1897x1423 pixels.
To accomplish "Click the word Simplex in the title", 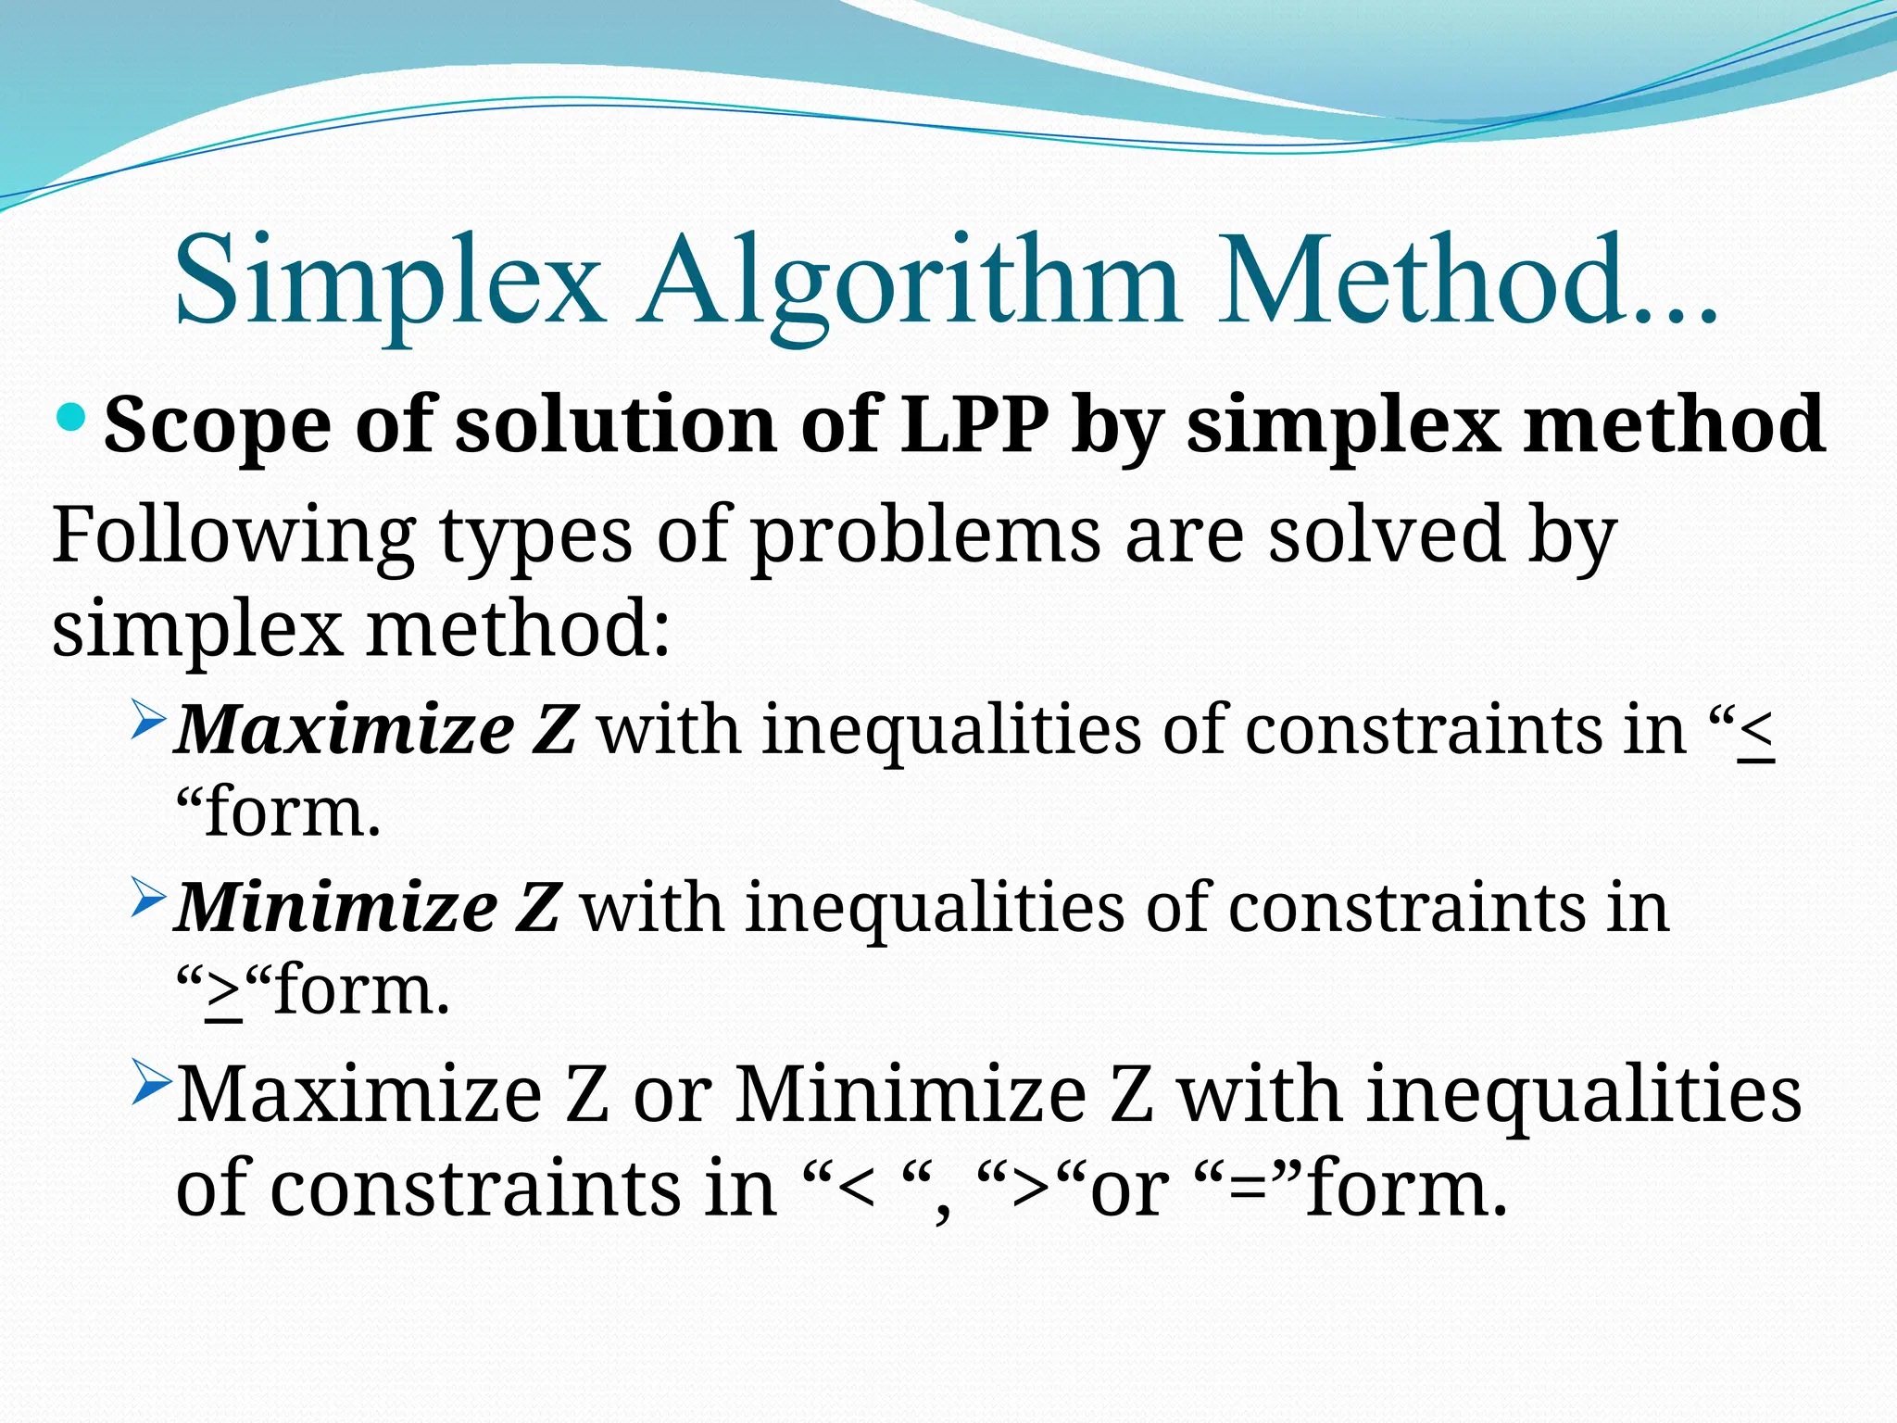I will pyautogui.click(x=389, y=280).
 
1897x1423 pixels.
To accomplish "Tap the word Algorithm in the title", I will pyautogui.click(x=908, y=280).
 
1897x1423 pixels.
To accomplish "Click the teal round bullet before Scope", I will pyautogui.click(x=71, y=419).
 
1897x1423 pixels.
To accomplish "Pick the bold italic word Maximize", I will pyautogui.click(x=344, y=730).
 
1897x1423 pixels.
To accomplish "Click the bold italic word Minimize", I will pyautogui.click(x=336, y=907).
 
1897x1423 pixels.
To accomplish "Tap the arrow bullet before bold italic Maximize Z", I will pyautogui.click(x=148, y=720).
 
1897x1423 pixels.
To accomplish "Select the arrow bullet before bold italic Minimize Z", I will pyautogui.click(x=148, y=897).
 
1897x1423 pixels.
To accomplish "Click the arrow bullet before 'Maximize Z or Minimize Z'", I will pyautogui.click(x=148, y=1082).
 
